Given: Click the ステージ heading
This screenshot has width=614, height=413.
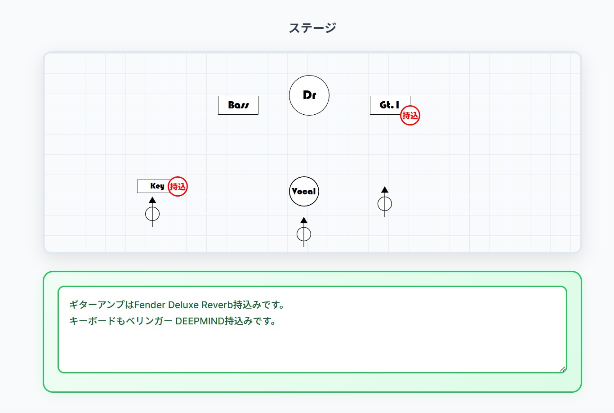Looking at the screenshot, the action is click(312, 28).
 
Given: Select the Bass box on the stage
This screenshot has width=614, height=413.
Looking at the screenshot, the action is click(238, 105).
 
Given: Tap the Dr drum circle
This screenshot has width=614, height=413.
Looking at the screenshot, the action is click(309, 95).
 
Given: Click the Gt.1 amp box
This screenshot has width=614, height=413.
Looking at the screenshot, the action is click(390, 105).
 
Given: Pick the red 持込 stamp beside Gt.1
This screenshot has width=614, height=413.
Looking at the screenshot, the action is click(410, 115).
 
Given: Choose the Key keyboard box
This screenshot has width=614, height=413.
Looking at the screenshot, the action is click(154, 186).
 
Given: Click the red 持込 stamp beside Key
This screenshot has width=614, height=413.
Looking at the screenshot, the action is click(178, 186).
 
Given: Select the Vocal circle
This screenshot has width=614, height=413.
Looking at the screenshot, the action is click(304, 191).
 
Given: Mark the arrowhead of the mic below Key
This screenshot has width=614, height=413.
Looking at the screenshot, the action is click(152, 200).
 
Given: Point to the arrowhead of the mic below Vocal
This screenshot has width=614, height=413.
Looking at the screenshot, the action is click(304, 220).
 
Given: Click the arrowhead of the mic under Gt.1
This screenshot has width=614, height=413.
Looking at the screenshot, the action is click(385, 189).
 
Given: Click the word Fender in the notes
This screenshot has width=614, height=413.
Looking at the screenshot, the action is click(150, 305).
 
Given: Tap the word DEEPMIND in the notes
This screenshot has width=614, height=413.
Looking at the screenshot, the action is click(200, 321).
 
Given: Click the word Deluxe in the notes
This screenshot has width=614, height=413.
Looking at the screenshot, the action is click(183, 305).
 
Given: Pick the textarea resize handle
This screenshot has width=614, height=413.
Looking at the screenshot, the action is click(562, 369).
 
